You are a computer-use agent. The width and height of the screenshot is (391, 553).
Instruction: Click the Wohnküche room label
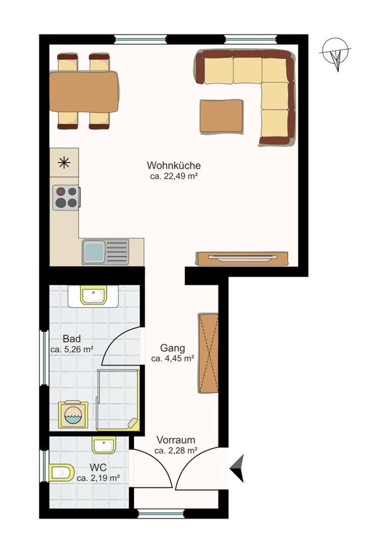tap(174, 165)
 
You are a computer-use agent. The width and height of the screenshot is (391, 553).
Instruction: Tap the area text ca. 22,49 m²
tap(174, 176)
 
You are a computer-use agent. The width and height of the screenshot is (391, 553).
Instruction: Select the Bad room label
tap(72, 339)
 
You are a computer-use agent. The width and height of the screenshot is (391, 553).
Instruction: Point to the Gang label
tap(172, 348)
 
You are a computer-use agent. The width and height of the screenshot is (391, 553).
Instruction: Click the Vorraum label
tap(176, 440)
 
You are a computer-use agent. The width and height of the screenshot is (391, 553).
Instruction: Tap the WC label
tap(98, 468)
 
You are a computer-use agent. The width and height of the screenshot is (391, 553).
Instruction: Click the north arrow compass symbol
tap(336, 53)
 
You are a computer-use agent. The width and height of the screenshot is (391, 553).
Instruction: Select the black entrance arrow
tap(237, 468)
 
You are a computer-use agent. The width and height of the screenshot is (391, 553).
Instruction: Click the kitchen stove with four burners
tap(66, 197)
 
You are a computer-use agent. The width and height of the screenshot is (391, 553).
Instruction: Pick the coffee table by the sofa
tap(222, 116)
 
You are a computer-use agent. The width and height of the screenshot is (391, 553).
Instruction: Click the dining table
tap(85, 92)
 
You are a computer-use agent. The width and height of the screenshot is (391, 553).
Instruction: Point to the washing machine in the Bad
tap(73, 415)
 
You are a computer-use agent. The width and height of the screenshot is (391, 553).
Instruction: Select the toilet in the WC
tap(61, 472)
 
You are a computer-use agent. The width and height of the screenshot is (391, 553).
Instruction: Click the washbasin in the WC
tap(103, 445)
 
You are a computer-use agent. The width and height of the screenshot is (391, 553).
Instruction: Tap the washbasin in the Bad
tap(94, 295)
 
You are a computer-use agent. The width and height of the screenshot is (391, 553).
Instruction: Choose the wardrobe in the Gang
tap(208, 353)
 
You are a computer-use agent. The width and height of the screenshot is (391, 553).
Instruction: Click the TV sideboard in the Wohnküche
tap(242, 258)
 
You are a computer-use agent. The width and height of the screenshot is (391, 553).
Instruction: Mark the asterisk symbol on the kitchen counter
tap(64, 162)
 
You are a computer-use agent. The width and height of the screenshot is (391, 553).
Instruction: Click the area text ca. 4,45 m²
tap(172, 358)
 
